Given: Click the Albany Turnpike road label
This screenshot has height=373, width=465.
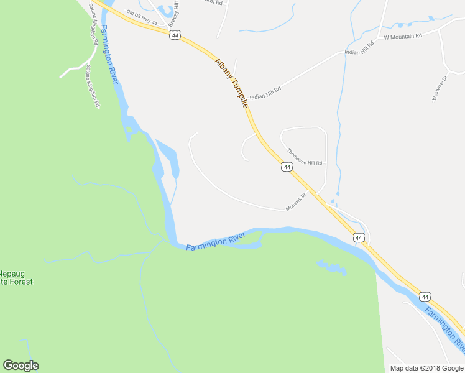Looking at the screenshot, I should tap(232, 84).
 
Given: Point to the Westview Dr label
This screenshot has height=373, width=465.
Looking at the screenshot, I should tap(440, 88).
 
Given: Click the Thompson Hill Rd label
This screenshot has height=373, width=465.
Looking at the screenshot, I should tap(305, 155).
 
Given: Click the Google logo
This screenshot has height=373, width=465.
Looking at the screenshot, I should tap(21, 366).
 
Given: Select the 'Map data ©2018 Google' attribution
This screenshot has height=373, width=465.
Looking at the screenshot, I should tap(426, 368).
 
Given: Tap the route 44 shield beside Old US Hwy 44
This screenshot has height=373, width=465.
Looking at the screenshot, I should tap(175, 35).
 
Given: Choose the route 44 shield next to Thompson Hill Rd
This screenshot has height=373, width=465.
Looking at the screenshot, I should tap(286, 167).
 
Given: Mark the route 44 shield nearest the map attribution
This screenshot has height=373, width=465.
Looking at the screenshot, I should tap(424, 297).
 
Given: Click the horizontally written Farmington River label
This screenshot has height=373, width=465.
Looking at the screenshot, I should tap(216, 241).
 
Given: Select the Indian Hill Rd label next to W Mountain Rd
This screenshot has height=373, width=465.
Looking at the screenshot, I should tap(359, 48).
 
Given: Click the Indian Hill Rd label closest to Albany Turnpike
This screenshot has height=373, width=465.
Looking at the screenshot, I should tap(265, 89).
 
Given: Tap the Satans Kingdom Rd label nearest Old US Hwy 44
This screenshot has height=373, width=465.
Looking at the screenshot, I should tap(93, 22).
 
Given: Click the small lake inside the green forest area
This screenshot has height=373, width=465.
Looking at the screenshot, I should tap(332, 268).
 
